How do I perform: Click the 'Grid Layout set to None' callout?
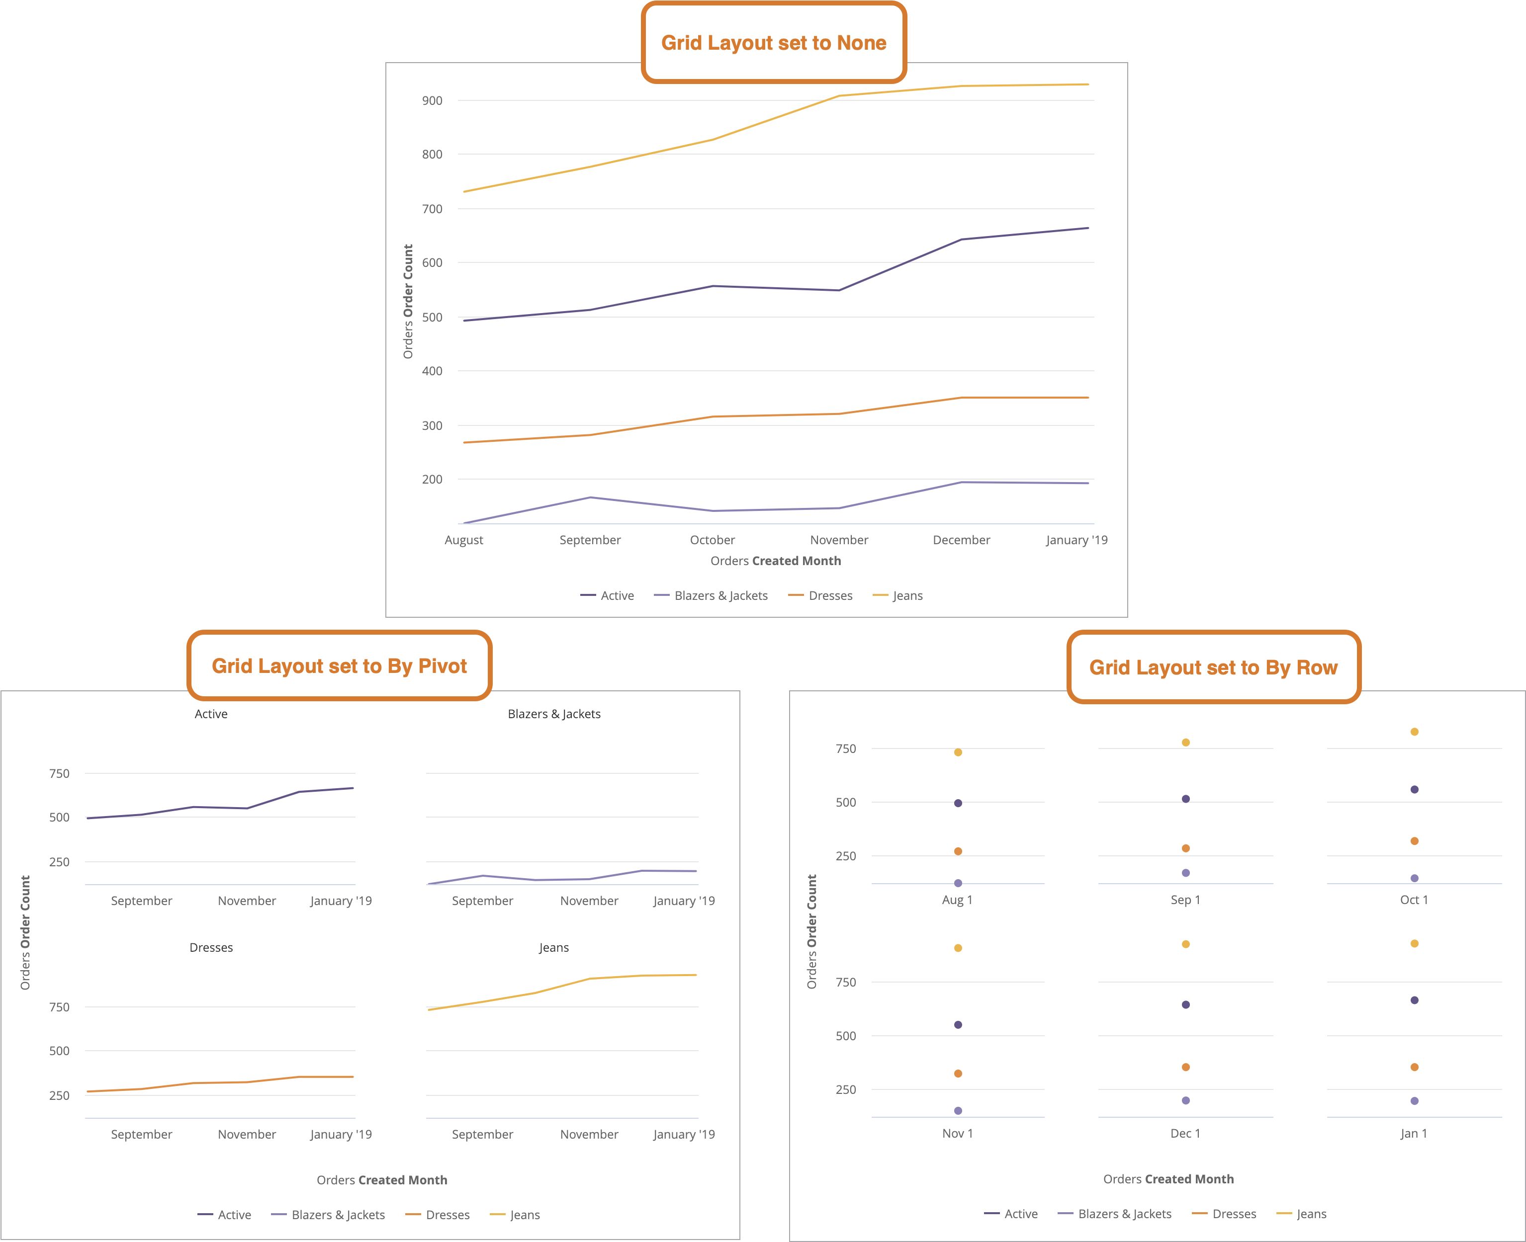(774, 43)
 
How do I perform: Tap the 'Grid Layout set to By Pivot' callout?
(339, 666)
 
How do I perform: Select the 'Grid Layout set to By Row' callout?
(1213, 667)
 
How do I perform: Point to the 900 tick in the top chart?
(432, 101)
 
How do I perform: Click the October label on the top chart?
(712, 540)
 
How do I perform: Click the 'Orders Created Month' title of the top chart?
(775, 561)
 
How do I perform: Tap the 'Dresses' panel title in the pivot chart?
(211, 947)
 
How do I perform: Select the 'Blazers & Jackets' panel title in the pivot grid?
(554, 714)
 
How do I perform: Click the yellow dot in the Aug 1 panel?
(958, 752)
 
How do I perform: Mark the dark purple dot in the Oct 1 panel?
(1414, 790)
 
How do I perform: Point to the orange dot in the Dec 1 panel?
(1186, 1068)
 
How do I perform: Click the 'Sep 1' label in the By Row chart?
(1185, 900)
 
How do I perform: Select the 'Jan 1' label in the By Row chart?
(1414, 1133)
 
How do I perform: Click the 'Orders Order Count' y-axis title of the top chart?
(408, 301)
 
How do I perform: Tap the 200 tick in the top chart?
(432, 479)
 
